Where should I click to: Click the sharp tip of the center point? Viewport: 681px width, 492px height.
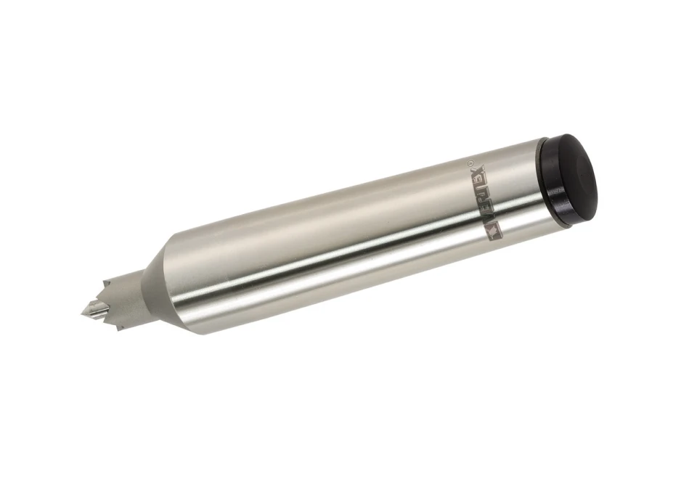81,314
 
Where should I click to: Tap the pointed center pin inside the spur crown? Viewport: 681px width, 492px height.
92,308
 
